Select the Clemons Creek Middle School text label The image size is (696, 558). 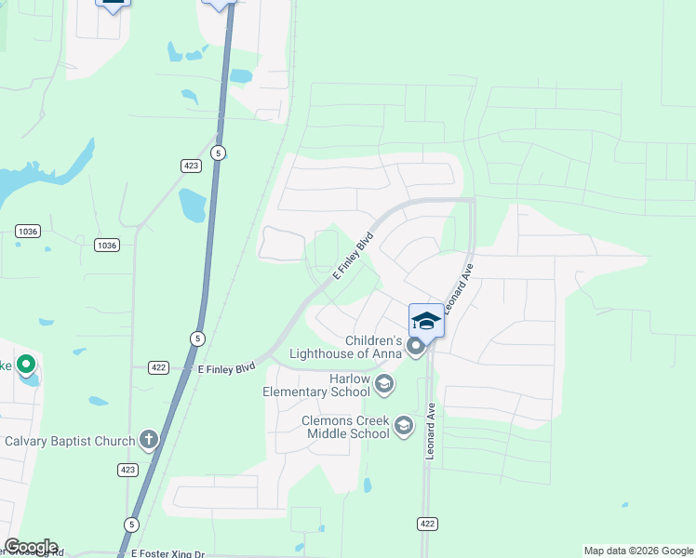[x=344, y=427]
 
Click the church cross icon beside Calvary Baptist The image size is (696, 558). [x=149, y=439]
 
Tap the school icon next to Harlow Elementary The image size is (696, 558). [x=383, y=384]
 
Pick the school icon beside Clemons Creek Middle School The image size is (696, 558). [x=403, y=426]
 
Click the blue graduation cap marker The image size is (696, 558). [x=426, y=321]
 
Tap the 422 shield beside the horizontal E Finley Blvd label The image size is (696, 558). [x=158, y=368]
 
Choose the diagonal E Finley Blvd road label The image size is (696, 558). [x=353, y=256]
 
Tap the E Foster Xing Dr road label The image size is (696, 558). [x=167, y=553]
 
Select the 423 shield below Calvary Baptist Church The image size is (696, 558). [x=128, y=470]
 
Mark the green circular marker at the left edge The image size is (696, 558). [x=26, y=365]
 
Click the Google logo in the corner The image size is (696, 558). [x=31, y=547]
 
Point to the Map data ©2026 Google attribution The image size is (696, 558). [x=638, y=551]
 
